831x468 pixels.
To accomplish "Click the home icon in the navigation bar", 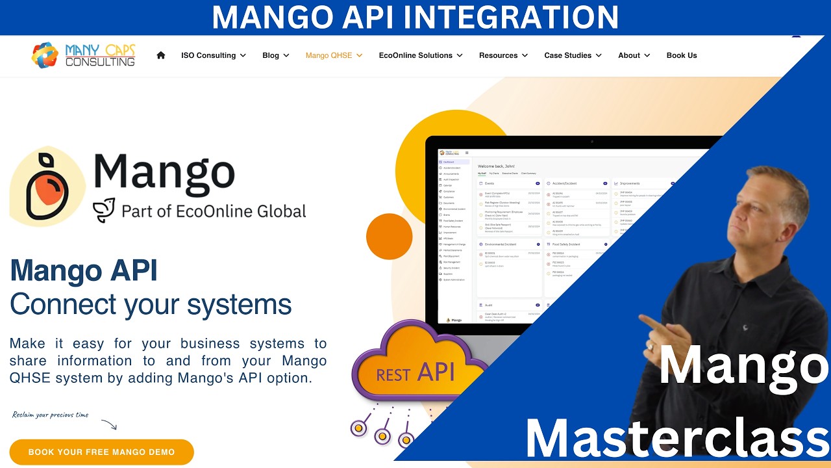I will [161, 55].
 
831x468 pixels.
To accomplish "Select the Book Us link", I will [682, 55].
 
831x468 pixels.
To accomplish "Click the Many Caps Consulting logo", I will [83, 55].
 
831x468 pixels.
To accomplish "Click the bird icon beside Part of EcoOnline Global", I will [104, 211].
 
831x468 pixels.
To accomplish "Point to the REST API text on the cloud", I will [415, 373].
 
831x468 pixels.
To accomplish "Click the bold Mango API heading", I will [84, 271].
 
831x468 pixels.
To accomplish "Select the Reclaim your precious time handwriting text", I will [50, 415].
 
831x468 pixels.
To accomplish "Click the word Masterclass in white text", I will [675, 439].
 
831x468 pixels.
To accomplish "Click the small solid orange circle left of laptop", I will [390, 236].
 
